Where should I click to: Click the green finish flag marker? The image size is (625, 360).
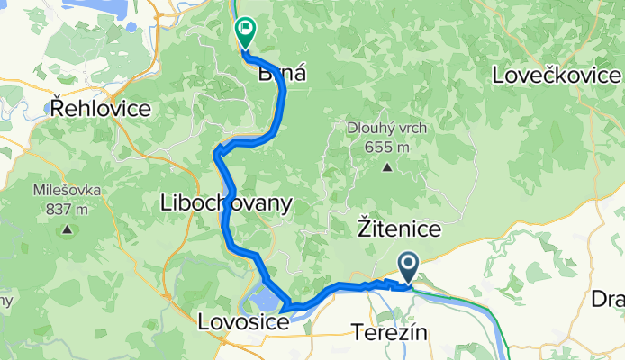[x=245, y=31]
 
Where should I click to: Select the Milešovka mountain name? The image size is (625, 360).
[x=68, y=191]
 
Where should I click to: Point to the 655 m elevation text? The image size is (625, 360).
[x=387, y=147]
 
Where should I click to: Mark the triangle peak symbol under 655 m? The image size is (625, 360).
[x=387, y=166]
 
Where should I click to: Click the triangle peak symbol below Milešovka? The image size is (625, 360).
[x=67, y=230]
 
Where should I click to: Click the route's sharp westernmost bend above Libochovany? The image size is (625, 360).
[x=216, y=154]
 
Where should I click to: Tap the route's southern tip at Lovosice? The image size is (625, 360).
[x=285, y=310]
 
